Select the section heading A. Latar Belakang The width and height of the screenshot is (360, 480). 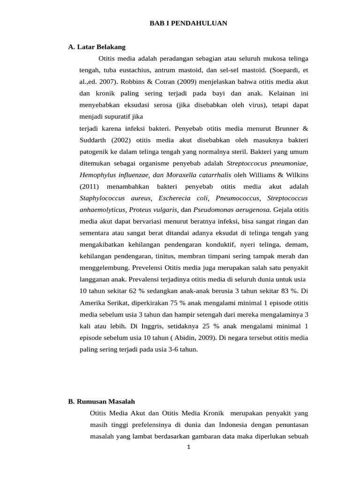click(97, 47)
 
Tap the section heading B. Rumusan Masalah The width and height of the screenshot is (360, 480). click(101, 401)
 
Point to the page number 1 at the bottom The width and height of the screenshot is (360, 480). click(188, 447)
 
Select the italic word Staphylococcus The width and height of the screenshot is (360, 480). click(102, 198)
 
